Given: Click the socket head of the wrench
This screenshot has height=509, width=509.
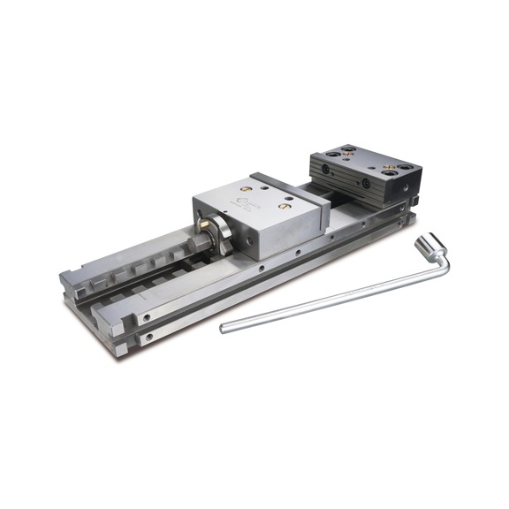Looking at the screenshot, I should [x=433, y=245].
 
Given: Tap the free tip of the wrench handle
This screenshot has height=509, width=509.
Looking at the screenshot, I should [x=224, y=330].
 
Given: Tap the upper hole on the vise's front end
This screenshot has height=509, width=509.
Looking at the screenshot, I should [x=148, y=315].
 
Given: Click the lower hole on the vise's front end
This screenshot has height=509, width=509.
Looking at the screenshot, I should [x=148, y=337].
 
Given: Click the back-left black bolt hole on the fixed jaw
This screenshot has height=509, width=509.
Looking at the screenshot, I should [x=349, y=148].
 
